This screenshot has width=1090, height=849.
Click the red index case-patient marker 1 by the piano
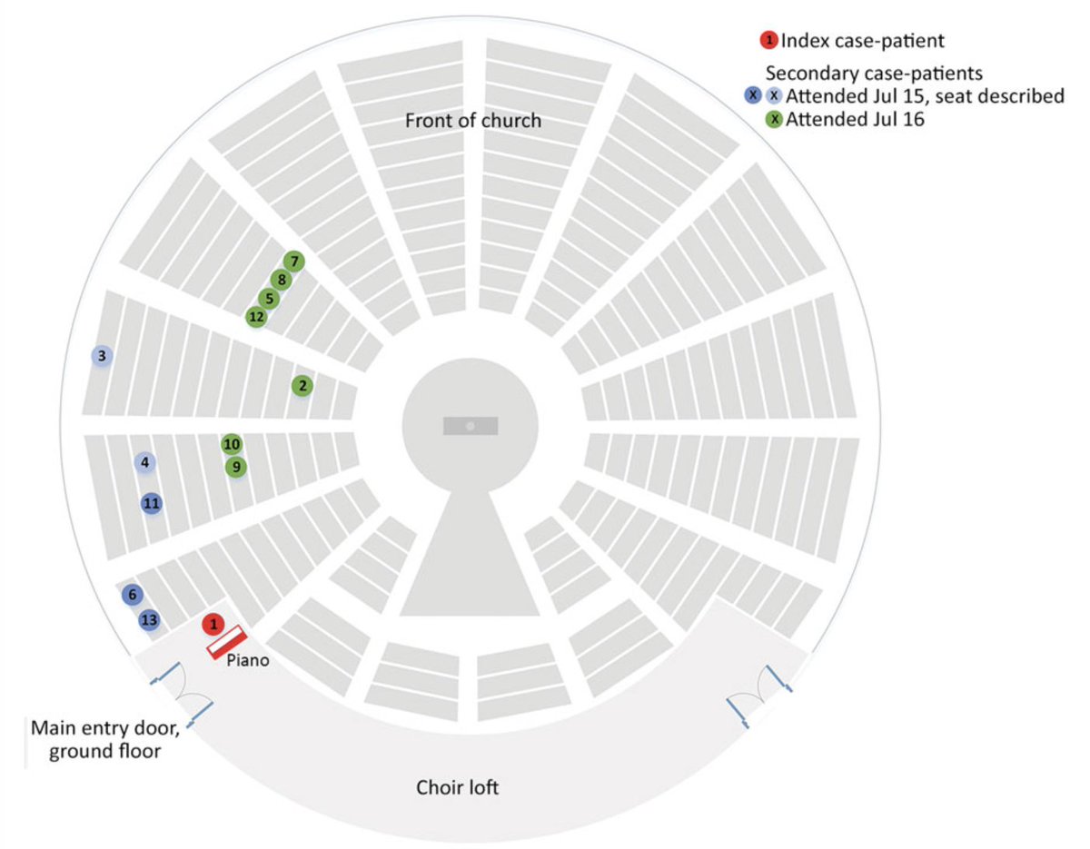coord(213,624)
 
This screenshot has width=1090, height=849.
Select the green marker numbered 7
coord(292,262)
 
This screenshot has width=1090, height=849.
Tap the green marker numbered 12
coord(257,317)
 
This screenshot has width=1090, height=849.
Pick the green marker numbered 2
coord(302,386)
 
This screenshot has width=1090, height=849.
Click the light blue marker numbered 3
coord(102,356)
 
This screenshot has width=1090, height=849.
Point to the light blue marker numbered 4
coord(144,463)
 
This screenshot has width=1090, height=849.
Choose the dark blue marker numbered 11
coord(152,503)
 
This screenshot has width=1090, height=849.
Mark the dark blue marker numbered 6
coord(133,595)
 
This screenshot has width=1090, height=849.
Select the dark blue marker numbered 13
coord(150,621)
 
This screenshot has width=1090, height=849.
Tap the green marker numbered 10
coord(232,444)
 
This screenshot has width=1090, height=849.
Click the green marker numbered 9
coord(236,467)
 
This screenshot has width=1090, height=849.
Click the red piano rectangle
coord(227,642)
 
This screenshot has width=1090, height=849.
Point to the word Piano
coord(249,661)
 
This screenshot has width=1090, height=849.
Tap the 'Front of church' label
coord(472,121)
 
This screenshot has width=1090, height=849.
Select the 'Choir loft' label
coord(457,787)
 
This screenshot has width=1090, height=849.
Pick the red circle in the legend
coord(769,40)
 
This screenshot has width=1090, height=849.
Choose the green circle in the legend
coord(775,119)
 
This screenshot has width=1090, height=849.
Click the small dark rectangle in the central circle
coord(470,426)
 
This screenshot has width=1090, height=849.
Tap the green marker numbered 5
coord(268,298)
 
